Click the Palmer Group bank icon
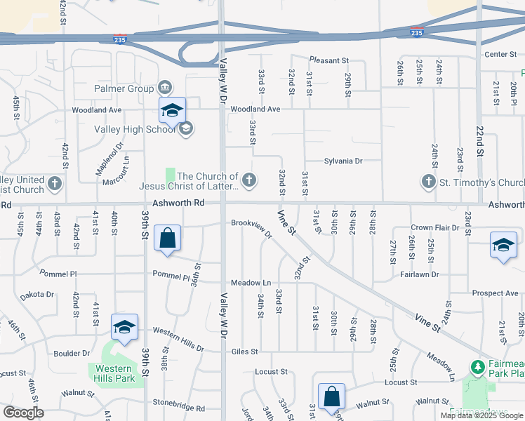tap(165, 88)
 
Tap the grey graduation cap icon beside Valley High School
tap(187, 128)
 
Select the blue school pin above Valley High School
tap(172, 111)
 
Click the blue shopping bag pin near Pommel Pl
tap(168, 239)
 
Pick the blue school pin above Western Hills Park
tap(124, 327)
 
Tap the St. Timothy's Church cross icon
tap(429, 182)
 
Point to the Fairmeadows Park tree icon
tap(477, 368)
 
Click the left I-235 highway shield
tap(121, 40)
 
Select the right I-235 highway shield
tap(416, 33)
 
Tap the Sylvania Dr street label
tap(343, 161)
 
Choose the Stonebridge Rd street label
tap(179, 408)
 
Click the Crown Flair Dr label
tap(435, 228)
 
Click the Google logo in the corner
tap(23, 412)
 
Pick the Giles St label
tap(245, 352)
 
